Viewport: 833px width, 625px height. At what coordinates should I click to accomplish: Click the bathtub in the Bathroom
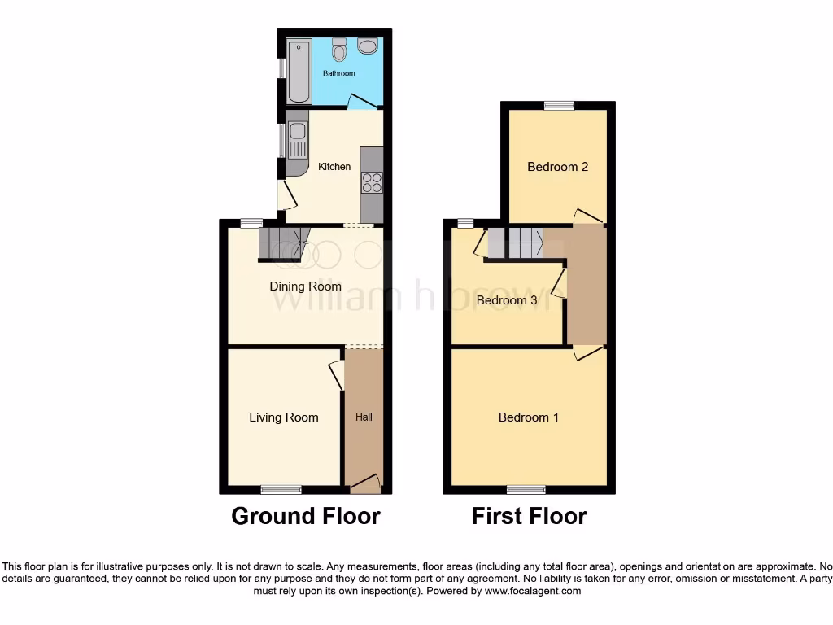[299, 70]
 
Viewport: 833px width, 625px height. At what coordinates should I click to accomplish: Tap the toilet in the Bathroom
[339, 50]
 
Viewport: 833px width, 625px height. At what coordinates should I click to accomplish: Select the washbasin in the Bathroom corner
[367, 46]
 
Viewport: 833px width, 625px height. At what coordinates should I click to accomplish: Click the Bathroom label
[339, 73]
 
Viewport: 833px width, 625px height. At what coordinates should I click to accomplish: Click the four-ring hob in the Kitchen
[372, 183]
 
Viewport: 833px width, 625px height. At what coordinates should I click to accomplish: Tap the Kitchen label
[334, 167]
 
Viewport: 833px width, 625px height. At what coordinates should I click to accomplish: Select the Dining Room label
[306, 286]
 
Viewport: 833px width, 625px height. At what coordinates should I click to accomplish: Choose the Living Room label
[283, 417]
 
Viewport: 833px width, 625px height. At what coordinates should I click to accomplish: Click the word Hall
[364, 417]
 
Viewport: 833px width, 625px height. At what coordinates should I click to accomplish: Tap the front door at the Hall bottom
[365, 483]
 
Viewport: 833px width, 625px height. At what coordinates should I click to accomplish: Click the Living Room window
[281, 489]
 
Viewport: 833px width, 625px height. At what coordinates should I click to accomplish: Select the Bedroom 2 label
[557, 167]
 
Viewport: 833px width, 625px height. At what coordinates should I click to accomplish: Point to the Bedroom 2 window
[559, 105]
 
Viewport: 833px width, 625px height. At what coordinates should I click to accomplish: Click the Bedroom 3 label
[507, 300]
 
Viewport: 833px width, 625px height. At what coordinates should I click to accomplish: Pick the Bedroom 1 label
[528, 417]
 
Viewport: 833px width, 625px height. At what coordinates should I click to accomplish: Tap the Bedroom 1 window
[526, 489]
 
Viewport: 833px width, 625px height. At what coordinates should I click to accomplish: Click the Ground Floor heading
[306, 516]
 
